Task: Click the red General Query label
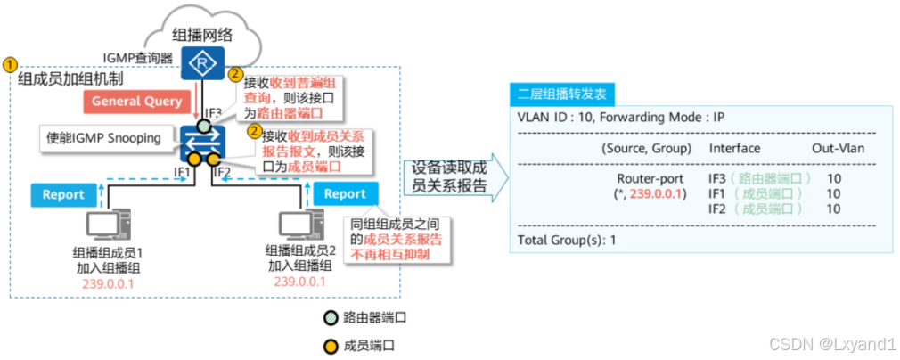pyautogui.click(x=136, y=102)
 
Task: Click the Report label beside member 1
pyautogui.click(x=64, y=193)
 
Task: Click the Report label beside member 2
pyautogui.click(x=345, y=193)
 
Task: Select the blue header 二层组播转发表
pyautogui.click(x=560, y=94)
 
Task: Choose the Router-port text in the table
pyautogui.click(x=644, y=178)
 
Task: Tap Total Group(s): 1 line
pyautogui.click(x=567, y=241)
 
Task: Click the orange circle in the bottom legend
pyautogui.click(x=332, y=343)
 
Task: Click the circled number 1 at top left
pyautogui.click(x=10, y=65)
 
